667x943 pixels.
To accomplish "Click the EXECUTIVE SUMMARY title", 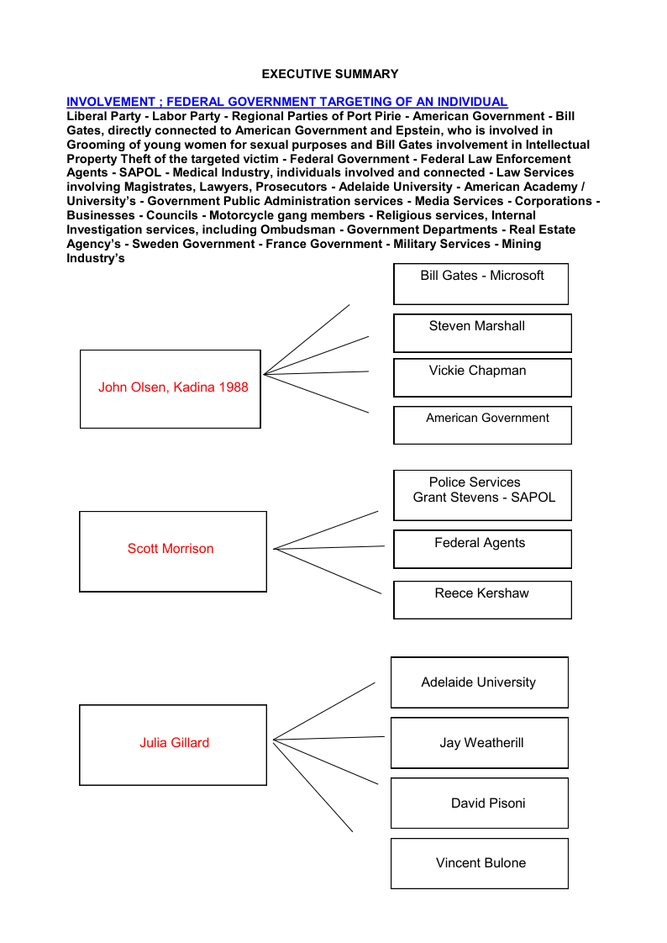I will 330,74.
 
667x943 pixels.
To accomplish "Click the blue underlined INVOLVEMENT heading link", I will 286,102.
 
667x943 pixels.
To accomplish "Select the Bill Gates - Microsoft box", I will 481,283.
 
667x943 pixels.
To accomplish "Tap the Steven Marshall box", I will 482,333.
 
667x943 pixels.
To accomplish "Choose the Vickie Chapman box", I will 482,377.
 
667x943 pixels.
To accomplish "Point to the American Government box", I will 482,425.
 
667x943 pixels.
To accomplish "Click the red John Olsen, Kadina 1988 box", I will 171,388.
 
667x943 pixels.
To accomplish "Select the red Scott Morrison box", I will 172,551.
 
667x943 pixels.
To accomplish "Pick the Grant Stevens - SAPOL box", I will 482,495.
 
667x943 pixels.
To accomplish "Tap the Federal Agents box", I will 482,549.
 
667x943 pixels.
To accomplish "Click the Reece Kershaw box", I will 482,599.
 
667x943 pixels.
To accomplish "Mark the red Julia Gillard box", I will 173,745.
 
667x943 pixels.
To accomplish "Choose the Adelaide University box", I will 479,682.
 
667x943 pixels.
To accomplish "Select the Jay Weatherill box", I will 479,743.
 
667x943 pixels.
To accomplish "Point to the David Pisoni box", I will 479,803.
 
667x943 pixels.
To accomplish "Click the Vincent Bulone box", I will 479,863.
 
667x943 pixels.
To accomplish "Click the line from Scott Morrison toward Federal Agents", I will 329,547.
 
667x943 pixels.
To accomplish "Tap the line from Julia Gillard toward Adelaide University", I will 324,711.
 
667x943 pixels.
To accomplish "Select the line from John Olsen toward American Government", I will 317,393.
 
